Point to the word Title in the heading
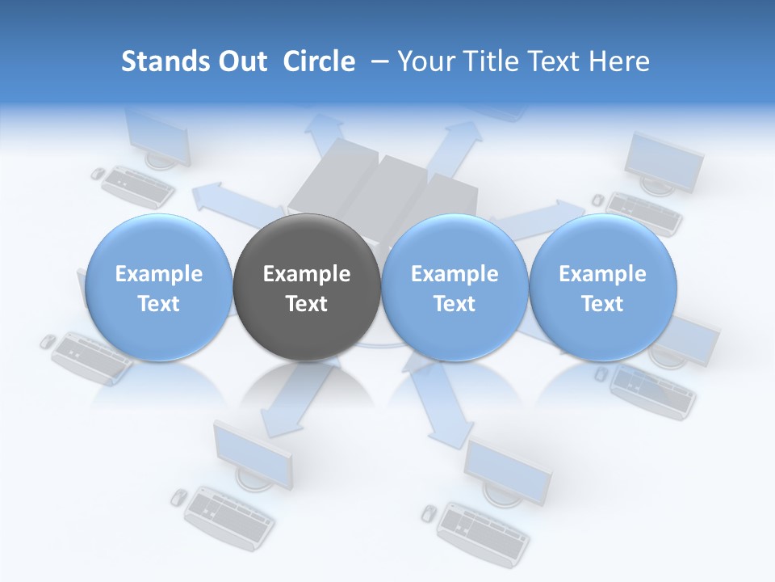click(487, 61)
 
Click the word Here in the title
click(620, 61)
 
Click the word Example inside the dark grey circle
click(307, 274)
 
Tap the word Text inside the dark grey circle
click(307, 304)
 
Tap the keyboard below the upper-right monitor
click(644, 212)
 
